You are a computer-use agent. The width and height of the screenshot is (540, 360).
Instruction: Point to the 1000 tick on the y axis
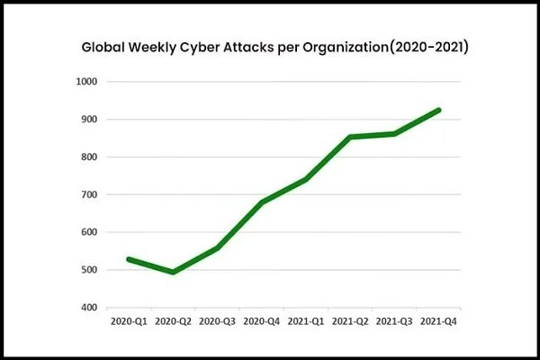click(88, 82)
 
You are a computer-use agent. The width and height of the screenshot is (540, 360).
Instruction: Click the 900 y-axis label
click(91, 120)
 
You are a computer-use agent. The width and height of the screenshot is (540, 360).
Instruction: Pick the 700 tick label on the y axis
click(91, 194)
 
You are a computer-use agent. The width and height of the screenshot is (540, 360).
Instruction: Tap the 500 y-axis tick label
click(91, 270)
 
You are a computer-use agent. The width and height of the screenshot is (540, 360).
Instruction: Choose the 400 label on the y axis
click(91, 308)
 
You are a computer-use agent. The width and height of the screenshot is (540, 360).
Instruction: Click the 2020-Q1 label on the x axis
click(128, 320)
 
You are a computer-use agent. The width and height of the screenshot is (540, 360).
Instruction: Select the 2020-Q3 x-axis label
click(216, 320)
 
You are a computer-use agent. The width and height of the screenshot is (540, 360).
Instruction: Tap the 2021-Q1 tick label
click(305, 320)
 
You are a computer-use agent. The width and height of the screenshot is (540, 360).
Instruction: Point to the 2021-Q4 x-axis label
click(438, 320)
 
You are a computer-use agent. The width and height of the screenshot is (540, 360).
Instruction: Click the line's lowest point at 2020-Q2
click(172, 272)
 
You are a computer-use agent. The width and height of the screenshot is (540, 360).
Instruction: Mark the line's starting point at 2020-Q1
click(128, 259)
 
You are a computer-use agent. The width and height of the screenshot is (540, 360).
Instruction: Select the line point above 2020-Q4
click(261, 202)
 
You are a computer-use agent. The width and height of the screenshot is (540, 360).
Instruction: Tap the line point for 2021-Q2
click(349, 137)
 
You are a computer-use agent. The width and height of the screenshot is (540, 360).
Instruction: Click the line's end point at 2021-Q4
click(438, 110)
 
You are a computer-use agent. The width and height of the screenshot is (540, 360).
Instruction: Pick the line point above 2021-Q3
click(394, 134)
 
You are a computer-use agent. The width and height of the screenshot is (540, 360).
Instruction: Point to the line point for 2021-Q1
click(305, 180)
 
